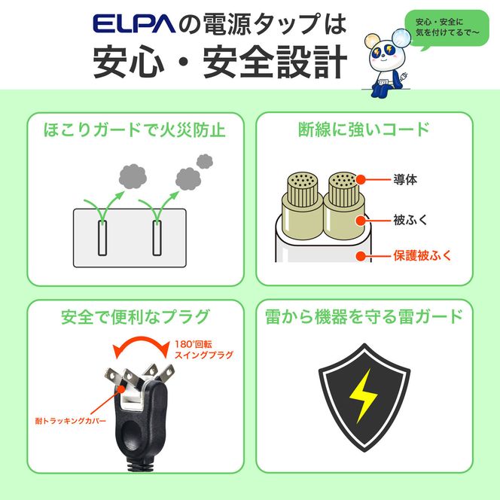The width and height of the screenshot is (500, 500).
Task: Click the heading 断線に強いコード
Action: pyautogui.click(x=364, y=129)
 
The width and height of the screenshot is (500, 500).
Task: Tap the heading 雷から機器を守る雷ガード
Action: pyautogui.click(x=364, y=316)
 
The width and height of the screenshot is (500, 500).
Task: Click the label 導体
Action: pyautogui.click(x=404, y=181)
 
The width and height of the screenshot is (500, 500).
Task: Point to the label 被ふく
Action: pyautogui.click(x=410, y=220)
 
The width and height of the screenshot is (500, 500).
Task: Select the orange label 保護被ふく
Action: pyautogui.click(x=422, y=256)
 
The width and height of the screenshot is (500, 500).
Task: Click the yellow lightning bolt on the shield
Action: pyautogui.click(x=363, y=396)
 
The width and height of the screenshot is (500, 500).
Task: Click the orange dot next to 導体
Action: pyautogui.click(x=361, y=180)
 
